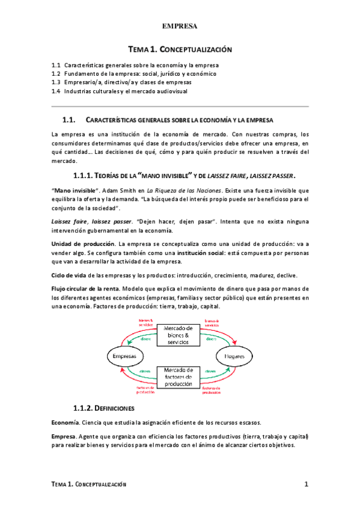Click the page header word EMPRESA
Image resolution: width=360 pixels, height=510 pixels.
pyautogui.click(x=180, y=26)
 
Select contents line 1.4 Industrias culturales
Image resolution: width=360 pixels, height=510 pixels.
pyautogui.click(x=120, y=91)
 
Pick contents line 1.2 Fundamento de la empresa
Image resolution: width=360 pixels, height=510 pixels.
pyautogui.click(x=133, y=73)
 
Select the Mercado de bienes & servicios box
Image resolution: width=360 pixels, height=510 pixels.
pyautogui.click(x=178, y=334)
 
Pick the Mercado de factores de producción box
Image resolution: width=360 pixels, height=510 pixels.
pyautogui.click(x=178, y=376)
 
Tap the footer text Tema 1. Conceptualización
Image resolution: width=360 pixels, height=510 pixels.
pyautogui.click(x=89, y=485)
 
